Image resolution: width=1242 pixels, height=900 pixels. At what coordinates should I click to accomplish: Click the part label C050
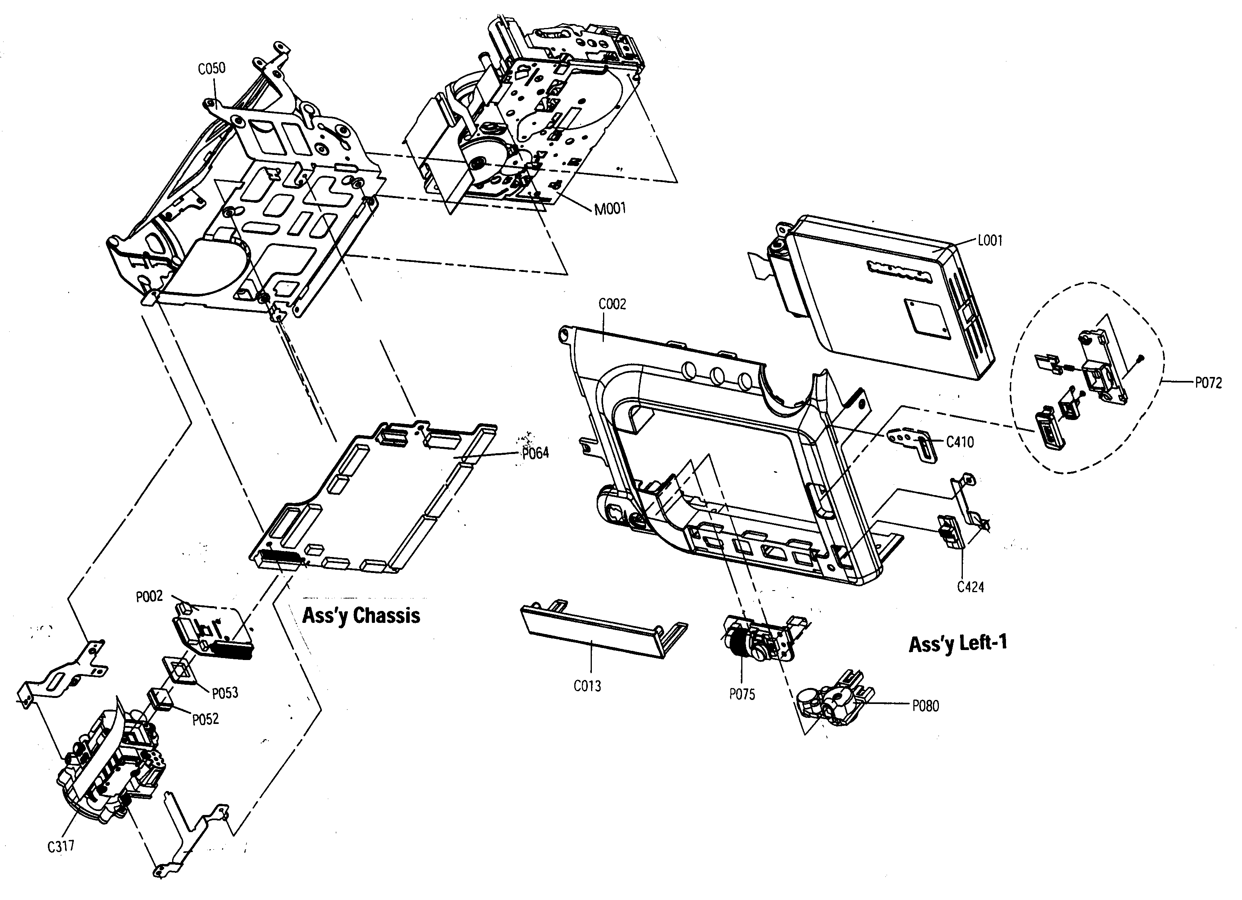211,68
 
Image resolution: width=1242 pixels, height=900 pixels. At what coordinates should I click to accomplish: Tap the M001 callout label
609,208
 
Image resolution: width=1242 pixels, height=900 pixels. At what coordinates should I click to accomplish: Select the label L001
990,240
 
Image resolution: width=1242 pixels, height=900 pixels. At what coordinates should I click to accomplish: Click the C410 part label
960,441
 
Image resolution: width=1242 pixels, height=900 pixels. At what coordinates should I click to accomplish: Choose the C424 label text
970,587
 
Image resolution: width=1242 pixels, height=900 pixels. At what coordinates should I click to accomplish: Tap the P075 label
742,694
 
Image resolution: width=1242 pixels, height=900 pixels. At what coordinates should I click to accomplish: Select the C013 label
587,686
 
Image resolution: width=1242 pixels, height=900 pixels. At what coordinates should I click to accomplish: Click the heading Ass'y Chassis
361,615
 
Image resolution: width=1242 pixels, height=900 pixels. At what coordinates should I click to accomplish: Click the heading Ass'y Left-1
957,643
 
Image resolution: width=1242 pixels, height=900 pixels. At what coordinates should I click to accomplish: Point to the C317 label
61,846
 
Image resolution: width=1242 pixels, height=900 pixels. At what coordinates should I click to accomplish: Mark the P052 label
205,719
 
